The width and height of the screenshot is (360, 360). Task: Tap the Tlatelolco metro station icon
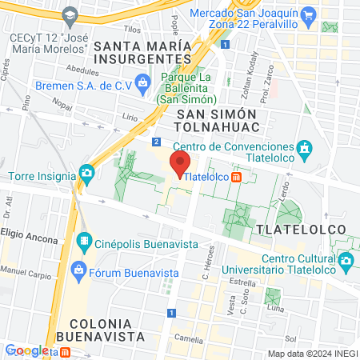pyautogui.click(x=238, y=178)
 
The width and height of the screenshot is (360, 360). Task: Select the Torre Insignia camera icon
pyautogui.click(x=86, y=172)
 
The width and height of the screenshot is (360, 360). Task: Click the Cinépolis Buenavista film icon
pyautogui.click(x=84, y=239)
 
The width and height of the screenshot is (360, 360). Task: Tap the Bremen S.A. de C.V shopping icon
pyautogui.click(x=142, y=81)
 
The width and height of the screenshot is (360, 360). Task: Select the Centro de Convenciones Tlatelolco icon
pyautogui.click(x=304, y=149)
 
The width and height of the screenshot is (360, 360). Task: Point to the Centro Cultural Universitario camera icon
pyautogui.click(x=346, y=260)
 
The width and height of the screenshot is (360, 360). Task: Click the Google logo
pyautogui.click(x=26, y=350)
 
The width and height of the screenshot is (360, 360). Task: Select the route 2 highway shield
pyautogui.click(x=155, y=141)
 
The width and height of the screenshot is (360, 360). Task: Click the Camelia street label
pyautogui.click(x=190, y=338)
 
